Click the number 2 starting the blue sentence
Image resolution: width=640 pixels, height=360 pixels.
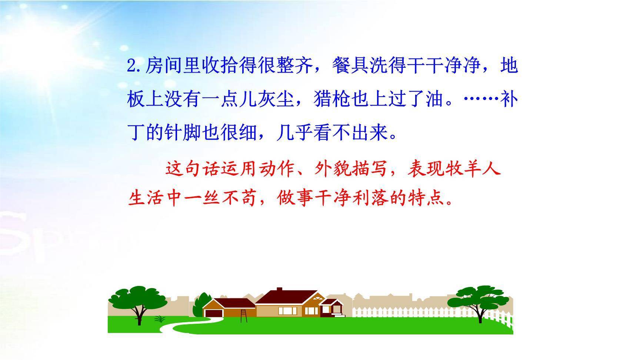pos(131,66)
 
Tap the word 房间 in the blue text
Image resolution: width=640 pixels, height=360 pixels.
pos(164,66)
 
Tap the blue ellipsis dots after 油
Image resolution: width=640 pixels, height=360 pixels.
pos(481,99)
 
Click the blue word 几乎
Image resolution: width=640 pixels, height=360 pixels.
pos(295,132)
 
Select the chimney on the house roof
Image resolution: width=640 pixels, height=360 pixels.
pos(279,290)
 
